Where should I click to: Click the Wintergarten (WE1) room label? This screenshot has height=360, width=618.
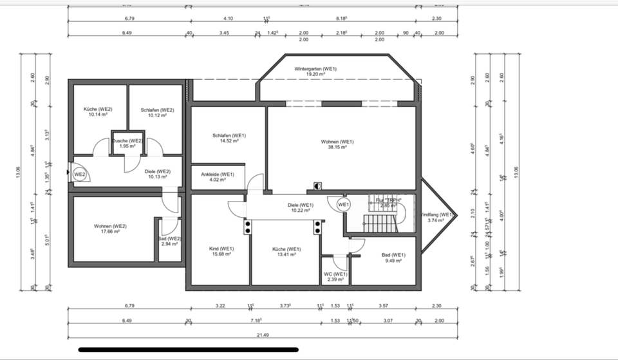[x=315, y=71]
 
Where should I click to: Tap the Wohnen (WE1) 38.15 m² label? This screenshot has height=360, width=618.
[x=337, y=144]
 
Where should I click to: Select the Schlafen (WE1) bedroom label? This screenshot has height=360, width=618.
[x=229, y=138]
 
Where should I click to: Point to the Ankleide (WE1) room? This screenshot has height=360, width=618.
[x=218, y=177]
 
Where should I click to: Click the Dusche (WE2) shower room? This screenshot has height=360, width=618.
[x=127, y=144]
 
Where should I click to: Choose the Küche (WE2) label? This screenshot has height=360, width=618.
[x=98, y=113]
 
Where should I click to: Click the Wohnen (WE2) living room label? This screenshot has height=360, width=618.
[x=109, y=229]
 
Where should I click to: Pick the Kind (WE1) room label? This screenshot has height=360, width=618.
[x=221, y=251]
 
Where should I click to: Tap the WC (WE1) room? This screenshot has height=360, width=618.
[x=334, y=277]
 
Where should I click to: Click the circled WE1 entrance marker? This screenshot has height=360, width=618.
[x=343, y=205]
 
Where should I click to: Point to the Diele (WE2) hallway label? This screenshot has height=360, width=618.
[x=157, y=175]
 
